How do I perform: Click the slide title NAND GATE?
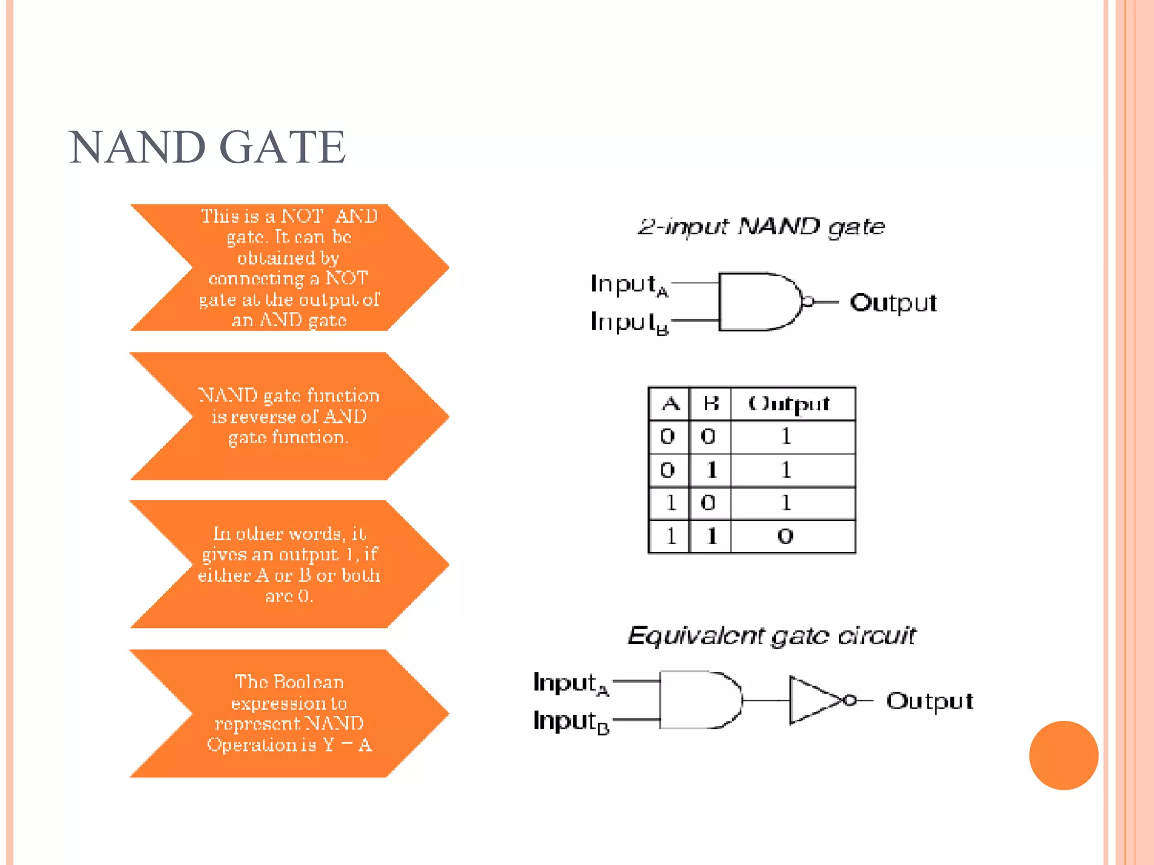tap(207, 148)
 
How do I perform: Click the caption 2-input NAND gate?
tap(761, 226)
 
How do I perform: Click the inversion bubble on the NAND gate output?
tap(807, 302)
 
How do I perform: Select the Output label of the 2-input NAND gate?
tap(893, 303)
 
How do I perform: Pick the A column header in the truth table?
tap(669, 404)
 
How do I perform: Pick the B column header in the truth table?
tap(710, 404)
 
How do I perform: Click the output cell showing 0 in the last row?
tap(785, 536)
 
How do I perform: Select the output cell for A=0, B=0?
tap(785, 436)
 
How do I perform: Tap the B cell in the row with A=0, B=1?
tap(711, 470)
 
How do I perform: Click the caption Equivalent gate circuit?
tap(772, 636)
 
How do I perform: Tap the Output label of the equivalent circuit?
tap(930, 701)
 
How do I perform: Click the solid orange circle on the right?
tap(1063, 755)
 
